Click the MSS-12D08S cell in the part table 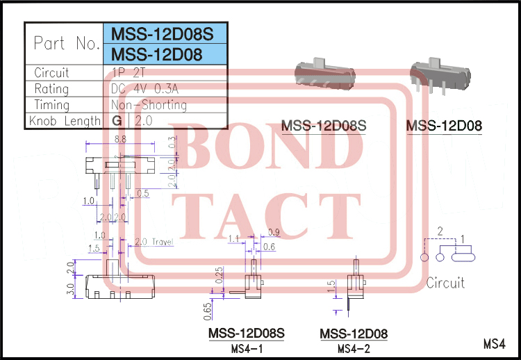165,33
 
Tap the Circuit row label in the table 51,72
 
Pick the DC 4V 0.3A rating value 149,89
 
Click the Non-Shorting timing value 149,105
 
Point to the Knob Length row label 65,121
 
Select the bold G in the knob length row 116,121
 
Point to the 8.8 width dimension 119,139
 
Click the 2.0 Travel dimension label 153,242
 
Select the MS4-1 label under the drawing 247,348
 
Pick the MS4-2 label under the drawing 354,348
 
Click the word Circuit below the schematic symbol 445,283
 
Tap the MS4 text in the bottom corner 493,343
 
